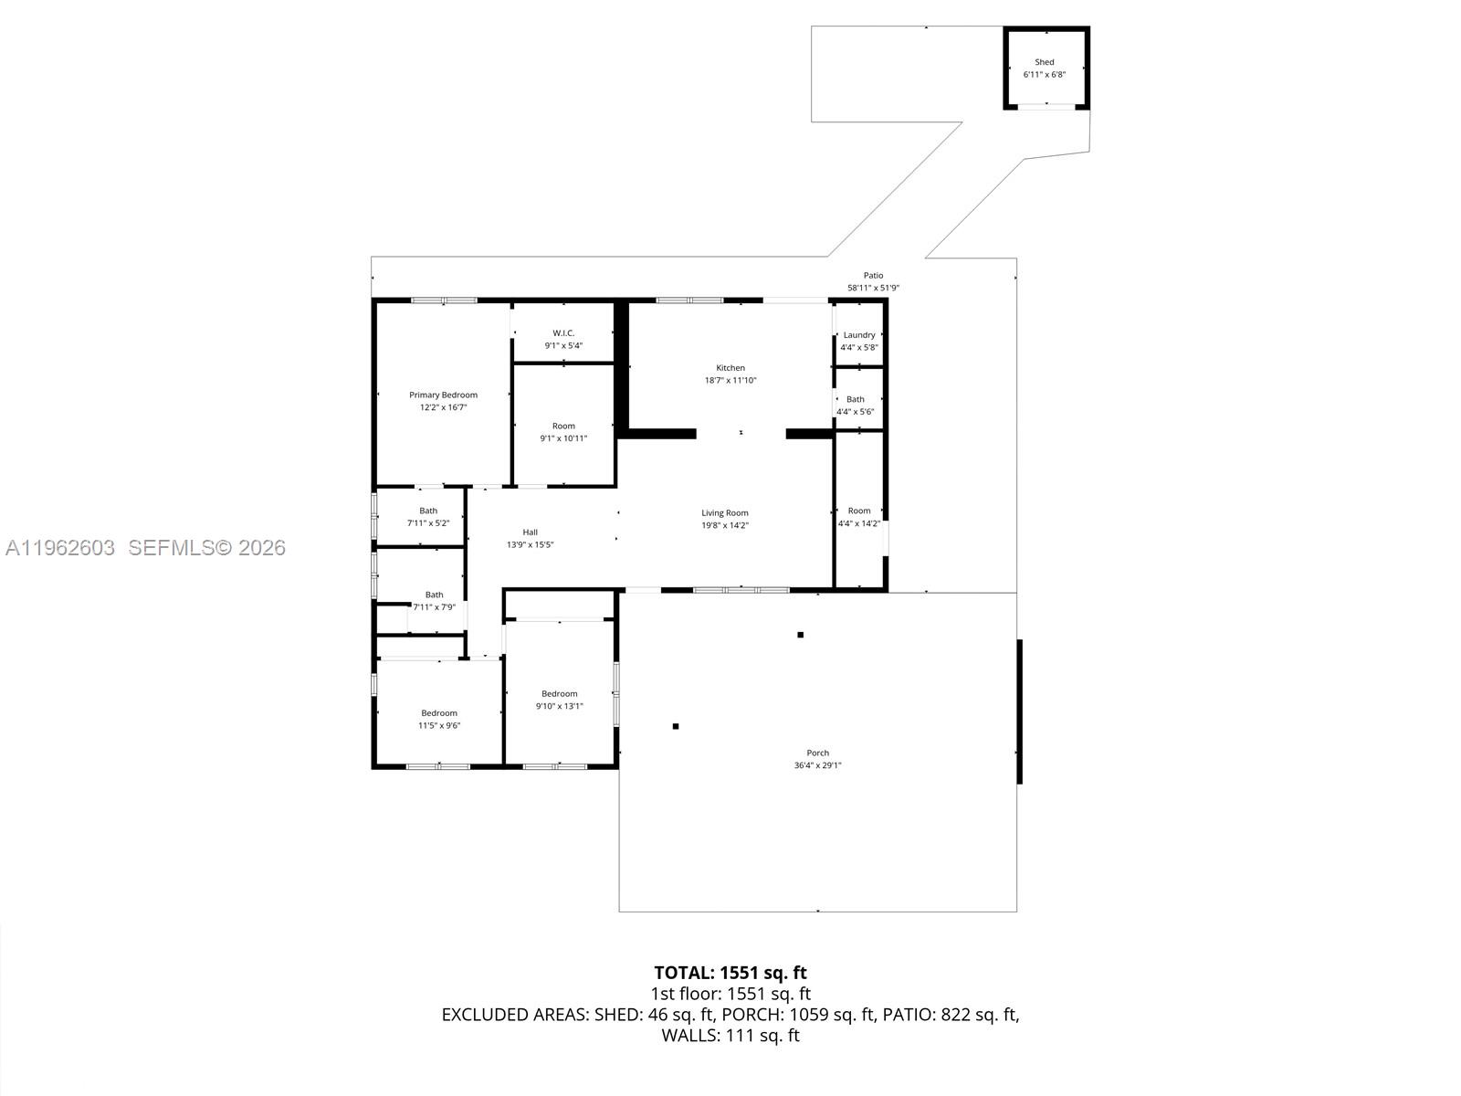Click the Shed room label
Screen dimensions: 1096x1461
1044,63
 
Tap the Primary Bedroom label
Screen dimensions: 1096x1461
443,395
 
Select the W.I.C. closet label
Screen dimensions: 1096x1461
563,333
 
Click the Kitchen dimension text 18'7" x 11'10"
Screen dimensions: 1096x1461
730,381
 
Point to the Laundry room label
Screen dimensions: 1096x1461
858,335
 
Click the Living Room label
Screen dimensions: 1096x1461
724,513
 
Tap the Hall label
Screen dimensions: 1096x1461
530,532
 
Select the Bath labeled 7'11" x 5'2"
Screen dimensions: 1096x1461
428,517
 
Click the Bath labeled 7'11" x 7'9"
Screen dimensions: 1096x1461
434,601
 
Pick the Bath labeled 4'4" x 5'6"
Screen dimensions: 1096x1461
855,406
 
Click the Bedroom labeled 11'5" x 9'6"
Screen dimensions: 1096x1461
438,719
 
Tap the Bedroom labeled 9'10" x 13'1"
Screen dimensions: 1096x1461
559,700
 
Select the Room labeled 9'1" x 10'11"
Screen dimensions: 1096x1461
563,432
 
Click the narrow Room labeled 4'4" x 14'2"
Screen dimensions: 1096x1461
858,517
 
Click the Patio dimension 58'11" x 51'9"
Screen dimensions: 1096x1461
873,289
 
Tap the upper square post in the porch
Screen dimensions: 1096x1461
800,635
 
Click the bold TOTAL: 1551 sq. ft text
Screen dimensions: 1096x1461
730,973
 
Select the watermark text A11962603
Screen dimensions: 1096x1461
60,548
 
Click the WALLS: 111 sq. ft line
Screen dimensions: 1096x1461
730,1036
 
